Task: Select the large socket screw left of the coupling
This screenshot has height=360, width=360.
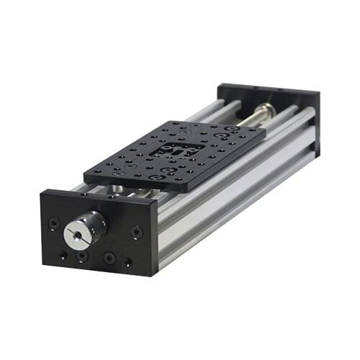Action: (x=53, y=222)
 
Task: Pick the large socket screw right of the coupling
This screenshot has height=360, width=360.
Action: (x=136, y=232)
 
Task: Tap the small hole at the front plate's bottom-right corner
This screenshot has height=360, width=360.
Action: (x=128, y=263)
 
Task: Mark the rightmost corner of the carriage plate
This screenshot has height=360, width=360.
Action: (x=266, y=132)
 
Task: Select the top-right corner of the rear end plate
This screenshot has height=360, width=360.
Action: (x=320, y=92)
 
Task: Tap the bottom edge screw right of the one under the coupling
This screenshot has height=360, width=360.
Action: (x=109, y=257)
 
